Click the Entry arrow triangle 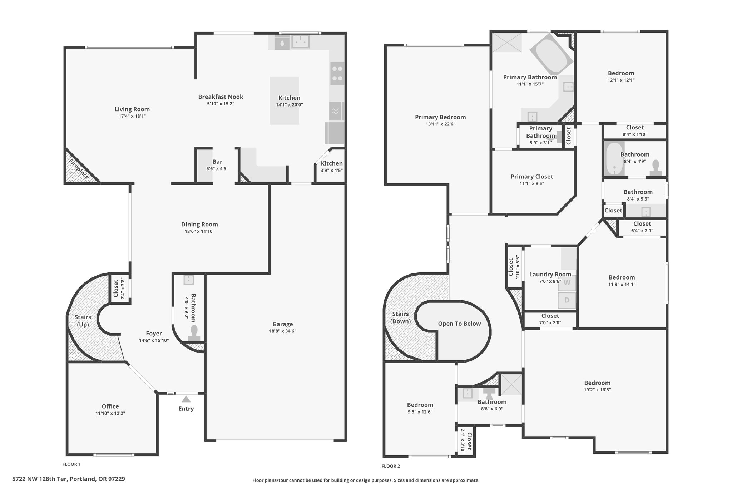click(186, 399)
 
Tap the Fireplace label click(79, 169)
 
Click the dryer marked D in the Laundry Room click(567, 300)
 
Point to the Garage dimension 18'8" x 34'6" click(283, 331)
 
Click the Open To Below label click(459, 324)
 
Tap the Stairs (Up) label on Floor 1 click(83, 321)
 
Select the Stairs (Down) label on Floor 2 click(400, 317)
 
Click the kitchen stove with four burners click(337, 74)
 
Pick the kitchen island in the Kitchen click(285, 100)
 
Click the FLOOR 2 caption click(391, 466)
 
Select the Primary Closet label click(531, 177)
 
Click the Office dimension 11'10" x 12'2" click(110, 413)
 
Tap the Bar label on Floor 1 click(217, 162)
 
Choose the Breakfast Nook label click(221, 97)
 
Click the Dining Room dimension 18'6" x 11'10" click(199, 231)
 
